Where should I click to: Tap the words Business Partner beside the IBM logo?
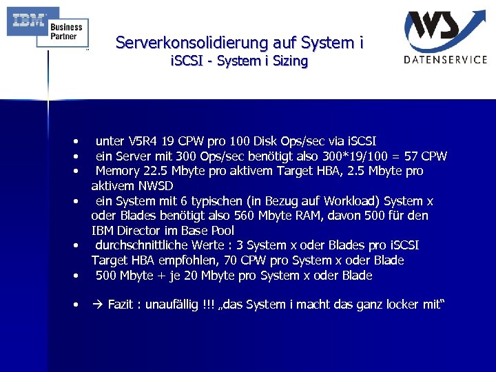click(x=66, y=32)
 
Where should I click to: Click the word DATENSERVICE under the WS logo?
click(x=446, y=60)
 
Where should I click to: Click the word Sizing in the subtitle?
click(x=290, y=61)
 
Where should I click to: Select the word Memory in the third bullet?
click(x=117, y=171)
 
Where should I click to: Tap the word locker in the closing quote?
click(x=399, y=304)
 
